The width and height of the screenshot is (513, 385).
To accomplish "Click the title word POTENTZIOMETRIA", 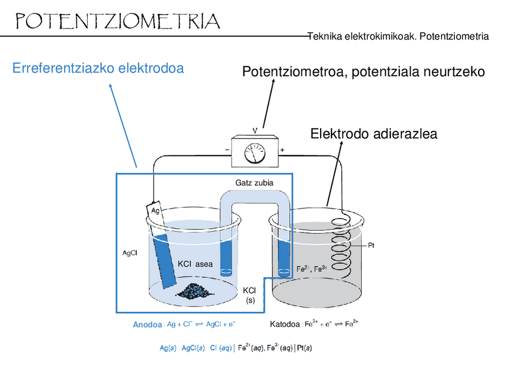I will [117, 22].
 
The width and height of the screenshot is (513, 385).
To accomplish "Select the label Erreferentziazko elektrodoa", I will [98, 68].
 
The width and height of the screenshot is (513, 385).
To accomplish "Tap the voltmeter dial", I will [254, 153].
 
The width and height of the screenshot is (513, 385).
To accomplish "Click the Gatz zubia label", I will [254, 182].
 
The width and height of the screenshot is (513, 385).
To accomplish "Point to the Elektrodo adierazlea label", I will [373, 134].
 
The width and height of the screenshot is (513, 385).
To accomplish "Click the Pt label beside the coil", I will [372, 246].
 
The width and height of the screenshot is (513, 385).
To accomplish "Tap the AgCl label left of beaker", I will [129, 253].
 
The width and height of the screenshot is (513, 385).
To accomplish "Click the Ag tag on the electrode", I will [155, 211].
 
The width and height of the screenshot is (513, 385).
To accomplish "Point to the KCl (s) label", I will [250, 295].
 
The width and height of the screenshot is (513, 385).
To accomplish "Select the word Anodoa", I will [147, 325].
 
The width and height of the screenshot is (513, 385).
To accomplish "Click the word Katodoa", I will [284, 324].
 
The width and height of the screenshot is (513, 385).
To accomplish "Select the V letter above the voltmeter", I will [255, 130].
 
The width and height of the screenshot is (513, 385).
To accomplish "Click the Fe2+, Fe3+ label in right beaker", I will [312, 268].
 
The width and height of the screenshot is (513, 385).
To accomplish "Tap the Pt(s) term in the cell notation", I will [304, 349].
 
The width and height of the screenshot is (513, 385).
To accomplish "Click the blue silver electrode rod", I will [165, 260].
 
